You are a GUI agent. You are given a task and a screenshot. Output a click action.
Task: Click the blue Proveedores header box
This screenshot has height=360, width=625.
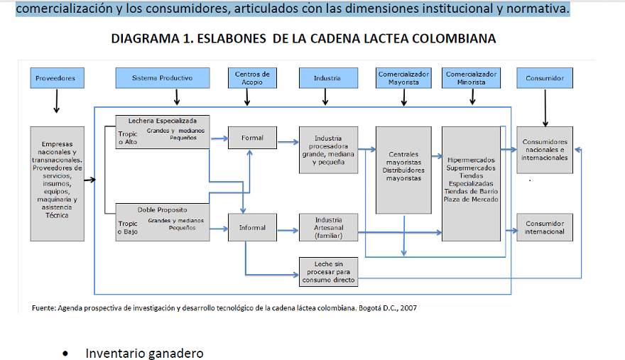click(x=55, y=78)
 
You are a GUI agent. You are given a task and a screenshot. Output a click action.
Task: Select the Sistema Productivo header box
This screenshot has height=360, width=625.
click(x=163, y=78)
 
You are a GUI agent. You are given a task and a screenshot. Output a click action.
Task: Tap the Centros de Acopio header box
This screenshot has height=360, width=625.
click(x=252, y=78)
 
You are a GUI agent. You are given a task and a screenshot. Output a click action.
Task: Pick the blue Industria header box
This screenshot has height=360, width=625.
click(x=327, y=78)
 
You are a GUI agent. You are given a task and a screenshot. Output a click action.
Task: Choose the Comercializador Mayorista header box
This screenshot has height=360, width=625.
click(x=403, y=78)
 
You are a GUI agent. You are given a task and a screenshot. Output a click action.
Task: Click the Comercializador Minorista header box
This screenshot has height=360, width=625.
click(x=472, y=78)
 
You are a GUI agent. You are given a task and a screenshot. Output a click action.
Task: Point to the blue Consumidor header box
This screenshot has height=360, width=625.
click(x=545, y=78)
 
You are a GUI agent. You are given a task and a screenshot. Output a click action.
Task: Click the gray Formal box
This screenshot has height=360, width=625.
click(x=252, y=138)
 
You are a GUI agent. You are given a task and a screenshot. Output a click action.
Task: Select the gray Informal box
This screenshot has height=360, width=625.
click(x=252, y=228)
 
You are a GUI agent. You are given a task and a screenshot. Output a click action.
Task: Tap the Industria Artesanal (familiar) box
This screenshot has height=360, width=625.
click(x=328, y=228)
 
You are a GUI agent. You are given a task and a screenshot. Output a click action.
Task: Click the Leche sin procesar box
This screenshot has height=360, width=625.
click(x=328, y=272)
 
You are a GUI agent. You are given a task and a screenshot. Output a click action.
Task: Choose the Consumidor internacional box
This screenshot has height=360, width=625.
click(x=545, y=227)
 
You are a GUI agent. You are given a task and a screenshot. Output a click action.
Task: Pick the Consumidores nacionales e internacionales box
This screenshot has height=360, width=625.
click(x=545, y=150)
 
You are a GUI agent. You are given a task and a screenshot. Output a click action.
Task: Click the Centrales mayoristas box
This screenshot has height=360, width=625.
click(x=403, y=170)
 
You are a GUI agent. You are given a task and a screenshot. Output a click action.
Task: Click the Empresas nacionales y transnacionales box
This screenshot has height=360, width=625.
click(x=56, y=183)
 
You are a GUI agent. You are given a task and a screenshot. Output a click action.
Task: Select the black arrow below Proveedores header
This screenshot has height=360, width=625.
click(x=56, y=102)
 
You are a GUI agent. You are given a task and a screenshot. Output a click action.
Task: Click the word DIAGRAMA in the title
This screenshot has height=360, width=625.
click(x=142, y=38)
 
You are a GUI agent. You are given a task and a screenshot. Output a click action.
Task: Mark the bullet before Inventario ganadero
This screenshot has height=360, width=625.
click(x=66, y=354)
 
